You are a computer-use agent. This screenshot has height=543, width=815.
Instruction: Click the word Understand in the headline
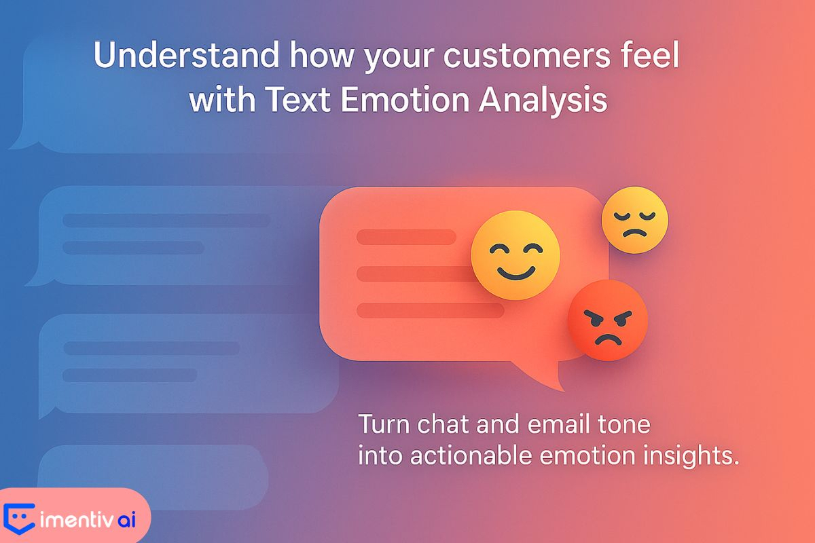186,55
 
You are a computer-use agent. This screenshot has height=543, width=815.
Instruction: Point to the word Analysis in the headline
543,101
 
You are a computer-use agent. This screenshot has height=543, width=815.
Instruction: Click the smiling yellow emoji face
515,255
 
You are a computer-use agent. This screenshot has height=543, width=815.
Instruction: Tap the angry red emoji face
608,320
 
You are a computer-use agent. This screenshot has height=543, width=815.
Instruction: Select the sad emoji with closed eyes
635,220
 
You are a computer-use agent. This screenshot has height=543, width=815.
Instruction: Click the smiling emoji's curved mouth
516,274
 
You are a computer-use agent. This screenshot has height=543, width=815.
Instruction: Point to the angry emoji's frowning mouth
608,341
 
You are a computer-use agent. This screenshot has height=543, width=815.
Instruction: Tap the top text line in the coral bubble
406,237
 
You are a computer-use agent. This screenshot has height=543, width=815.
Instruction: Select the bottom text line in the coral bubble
431,310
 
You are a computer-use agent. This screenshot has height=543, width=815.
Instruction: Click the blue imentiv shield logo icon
19,519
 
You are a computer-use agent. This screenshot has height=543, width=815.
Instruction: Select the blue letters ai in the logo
126,520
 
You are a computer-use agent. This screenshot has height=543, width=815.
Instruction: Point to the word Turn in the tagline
384,424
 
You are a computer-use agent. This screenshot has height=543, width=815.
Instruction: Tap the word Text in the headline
297,99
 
